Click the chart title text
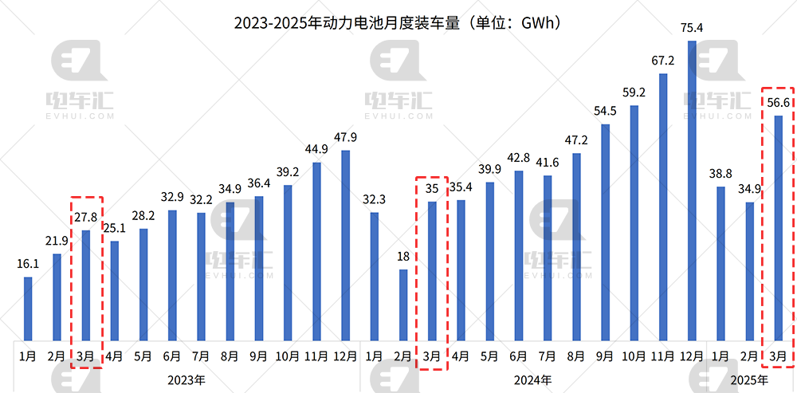[398, 22]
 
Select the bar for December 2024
[692, 191]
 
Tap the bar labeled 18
[403, 305]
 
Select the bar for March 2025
[779, 228]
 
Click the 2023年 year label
[186, 379]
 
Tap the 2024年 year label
[533, 379]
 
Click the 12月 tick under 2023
[345, 356]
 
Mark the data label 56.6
[779, 103]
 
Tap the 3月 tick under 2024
[432, 356]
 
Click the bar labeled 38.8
[720, 263]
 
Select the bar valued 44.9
[316, 251]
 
